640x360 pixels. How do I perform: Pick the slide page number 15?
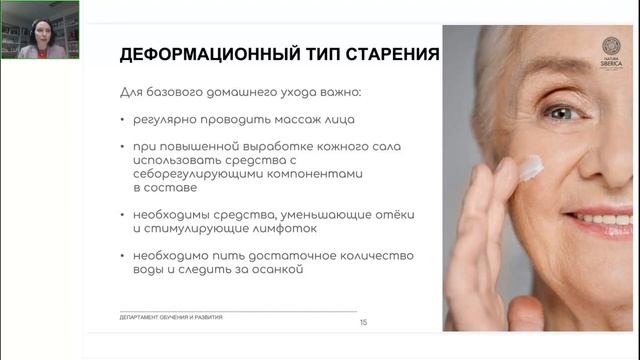tap(363, 322)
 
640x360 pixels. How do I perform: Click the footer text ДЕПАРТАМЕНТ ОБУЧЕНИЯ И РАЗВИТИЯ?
tap(170, 316)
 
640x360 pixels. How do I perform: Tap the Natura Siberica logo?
tap(610, 53)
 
